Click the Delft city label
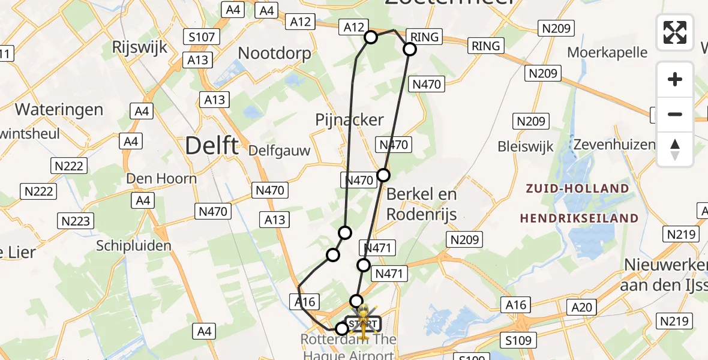(212, 145)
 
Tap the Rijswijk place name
(140, 49)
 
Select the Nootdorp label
(275, 53)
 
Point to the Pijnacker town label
(349, 120)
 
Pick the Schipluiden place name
(134, 245)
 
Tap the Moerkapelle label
(607, 52)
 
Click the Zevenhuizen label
(614, 145)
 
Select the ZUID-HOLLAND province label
(577, 189)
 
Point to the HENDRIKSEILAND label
(578, 218)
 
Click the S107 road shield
(202, 37)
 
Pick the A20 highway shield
(581, 308)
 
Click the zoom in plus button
(675, 80)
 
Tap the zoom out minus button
(675, 115)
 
